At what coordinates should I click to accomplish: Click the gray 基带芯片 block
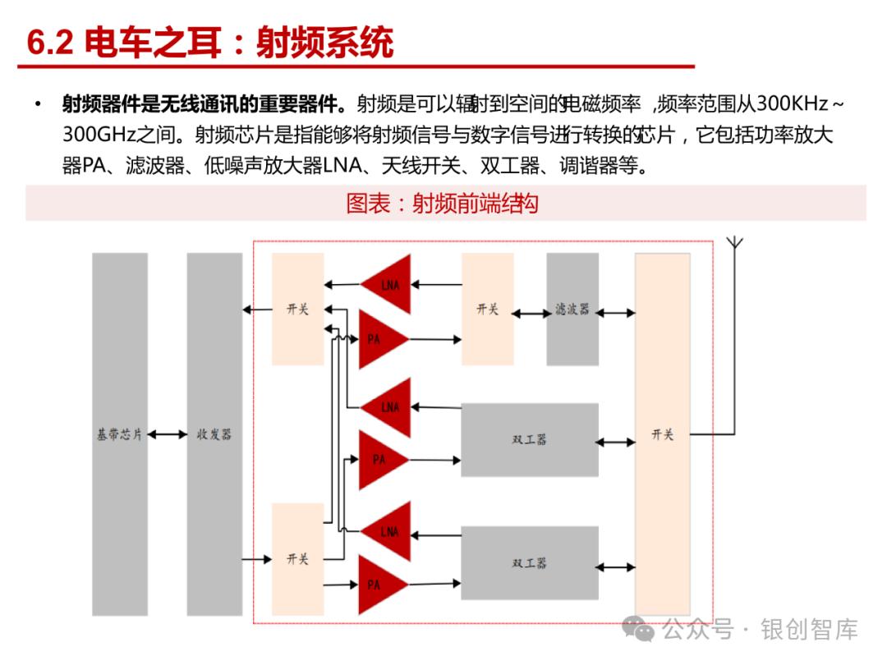pos(120,434)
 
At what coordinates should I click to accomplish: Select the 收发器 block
pos(214,434)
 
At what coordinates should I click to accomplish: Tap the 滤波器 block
pos(572,310)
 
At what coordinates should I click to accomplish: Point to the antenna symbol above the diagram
pos(734,244)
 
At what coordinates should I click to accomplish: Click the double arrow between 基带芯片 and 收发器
pos(168,434)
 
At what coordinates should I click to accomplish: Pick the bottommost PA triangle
pos(379,585)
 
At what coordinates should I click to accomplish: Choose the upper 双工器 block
pos(529,440)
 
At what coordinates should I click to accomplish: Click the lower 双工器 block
pos(529,563)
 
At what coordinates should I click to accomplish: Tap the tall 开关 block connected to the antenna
pos(662,434)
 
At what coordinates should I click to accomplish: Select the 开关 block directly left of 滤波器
pos(487,310)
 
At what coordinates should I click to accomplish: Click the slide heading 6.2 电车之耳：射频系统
pos(210,44)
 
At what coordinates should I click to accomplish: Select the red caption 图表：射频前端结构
pos(442,204)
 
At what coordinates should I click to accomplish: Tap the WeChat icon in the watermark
pos(638,630)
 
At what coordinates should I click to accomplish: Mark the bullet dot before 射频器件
pos(38,104)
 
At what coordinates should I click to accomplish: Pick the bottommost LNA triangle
pos(388,532)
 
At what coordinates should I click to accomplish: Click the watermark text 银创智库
pos(809,630)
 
